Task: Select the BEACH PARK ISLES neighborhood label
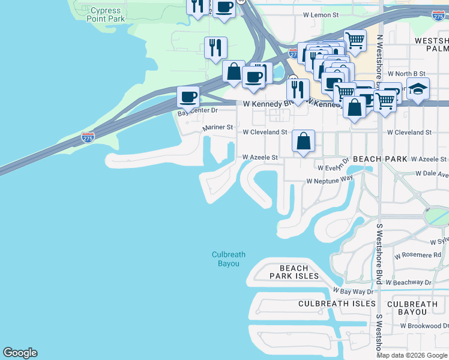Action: [294, 272]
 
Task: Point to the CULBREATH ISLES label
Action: [337, 304]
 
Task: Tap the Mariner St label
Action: [217, 127]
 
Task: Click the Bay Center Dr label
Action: [197, 112]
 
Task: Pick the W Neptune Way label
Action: [330, 179]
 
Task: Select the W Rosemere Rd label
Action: [418, 255]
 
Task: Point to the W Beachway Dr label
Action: [408, 282]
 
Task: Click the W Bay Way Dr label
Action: [354, 291]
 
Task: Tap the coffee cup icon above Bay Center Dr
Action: [188, 97]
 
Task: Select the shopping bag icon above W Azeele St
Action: [304, 142]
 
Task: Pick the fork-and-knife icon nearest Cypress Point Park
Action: [197, 6]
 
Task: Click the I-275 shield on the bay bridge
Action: [88, 138]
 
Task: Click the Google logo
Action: [20, 353]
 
